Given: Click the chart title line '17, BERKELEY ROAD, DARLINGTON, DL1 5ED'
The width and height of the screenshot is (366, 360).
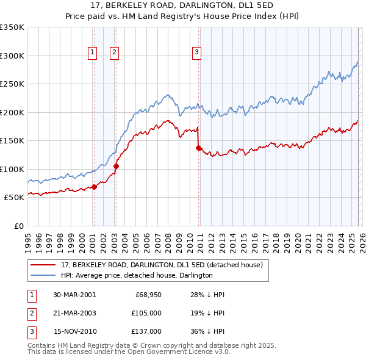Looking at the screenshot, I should (182, 5).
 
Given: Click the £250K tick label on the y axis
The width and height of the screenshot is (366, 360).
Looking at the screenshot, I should (12, 84).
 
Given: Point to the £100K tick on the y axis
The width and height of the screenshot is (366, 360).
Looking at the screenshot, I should (12, 169).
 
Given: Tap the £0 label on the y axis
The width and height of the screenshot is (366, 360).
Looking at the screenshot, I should (18, 226).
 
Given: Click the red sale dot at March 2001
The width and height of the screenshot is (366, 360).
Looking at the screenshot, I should (94, 187).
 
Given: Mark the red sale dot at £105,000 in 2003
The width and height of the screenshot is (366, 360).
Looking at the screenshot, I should (116, 166).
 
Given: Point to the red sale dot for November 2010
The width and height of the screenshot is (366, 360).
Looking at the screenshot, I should (198, 148).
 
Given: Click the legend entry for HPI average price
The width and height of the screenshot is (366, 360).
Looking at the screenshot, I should (136, 275).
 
